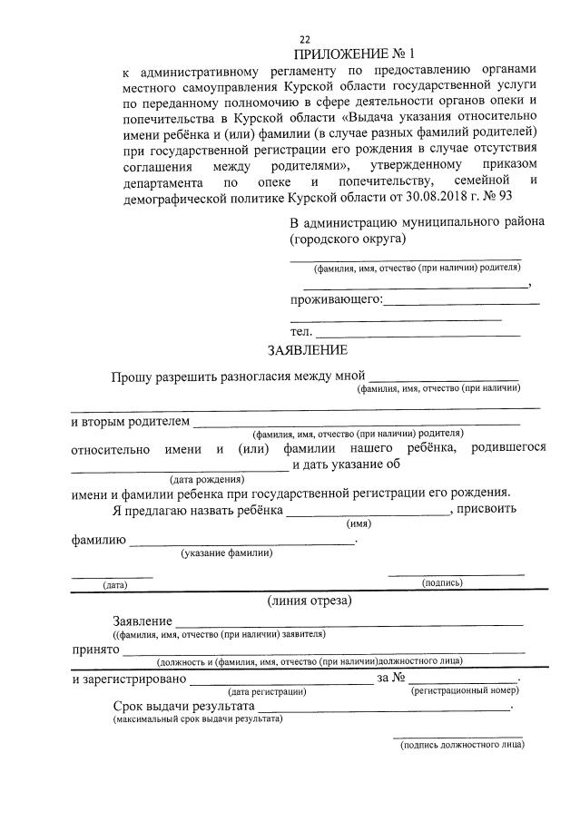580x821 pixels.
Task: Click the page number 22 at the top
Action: tap(305, 39)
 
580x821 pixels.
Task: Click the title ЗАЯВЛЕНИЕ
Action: tap(306, 350)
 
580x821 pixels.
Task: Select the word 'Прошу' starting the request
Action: tap(133, 376)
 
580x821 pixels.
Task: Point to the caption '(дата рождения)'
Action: tap(207, 479)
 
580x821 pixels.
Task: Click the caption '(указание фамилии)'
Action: tap(226, 552)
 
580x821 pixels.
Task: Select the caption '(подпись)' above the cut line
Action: tap(442, 583)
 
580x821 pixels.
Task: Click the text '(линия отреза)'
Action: tap(310, 601)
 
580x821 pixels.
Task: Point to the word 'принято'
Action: tap(96, 650)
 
